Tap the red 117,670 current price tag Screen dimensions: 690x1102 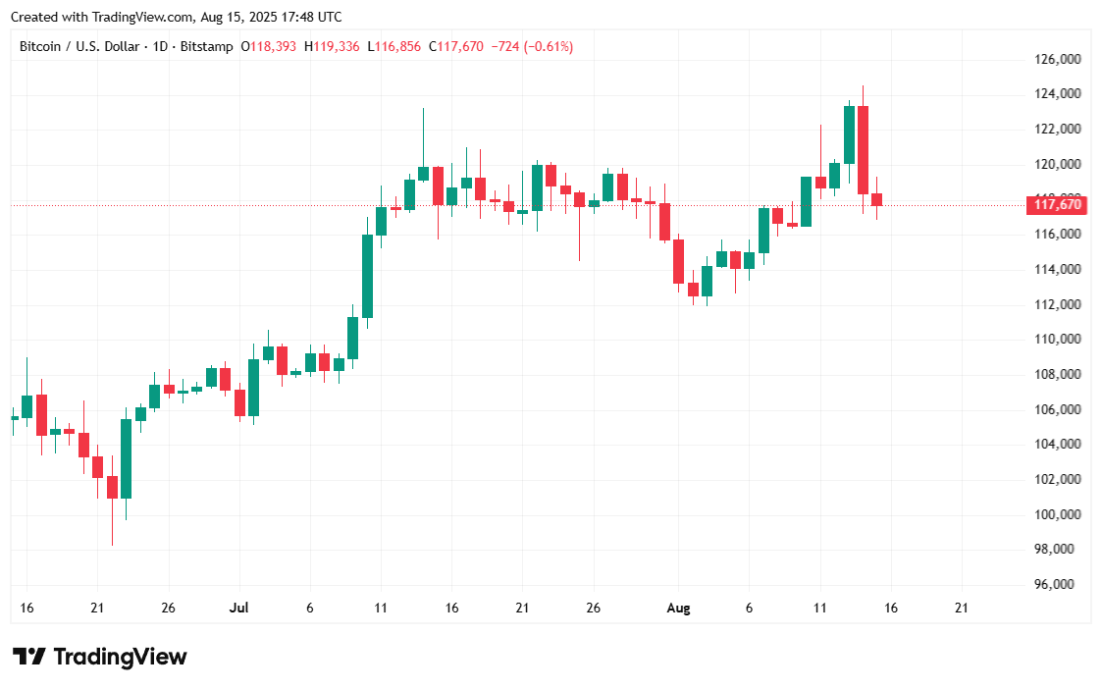click(x=1057, y=205)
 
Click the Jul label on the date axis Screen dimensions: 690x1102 click(x=239, y=609)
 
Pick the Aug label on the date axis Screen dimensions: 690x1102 click(x=678, y=609)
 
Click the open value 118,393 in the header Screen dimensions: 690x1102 click(x=275, y=46)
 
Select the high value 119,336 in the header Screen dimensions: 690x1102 click(x=336, y=46)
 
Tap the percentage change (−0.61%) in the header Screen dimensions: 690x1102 click(x=550, y=46)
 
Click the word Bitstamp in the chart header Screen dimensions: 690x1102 click(x=208, y=46)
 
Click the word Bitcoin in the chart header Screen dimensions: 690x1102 click(x=42, y=46)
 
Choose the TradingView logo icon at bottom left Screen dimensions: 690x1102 click(x=29, y=657)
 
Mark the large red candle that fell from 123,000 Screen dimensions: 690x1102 click(x=863, y=149)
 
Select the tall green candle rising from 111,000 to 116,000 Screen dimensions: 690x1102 click(x=367, y=275)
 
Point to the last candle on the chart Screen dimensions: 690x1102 click(x=876, y=199)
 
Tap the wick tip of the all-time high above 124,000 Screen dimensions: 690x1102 click(x=863, y=86)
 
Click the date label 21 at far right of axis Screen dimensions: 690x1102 click(x=961, y=609)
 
